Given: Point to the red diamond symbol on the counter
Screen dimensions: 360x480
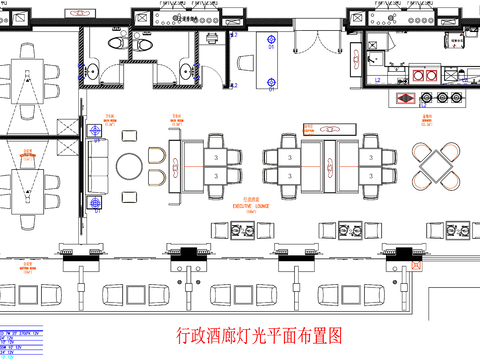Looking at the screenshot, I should (405, 98).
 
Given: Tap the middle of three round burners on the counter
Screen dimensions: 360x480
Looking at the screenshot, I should (441, 97).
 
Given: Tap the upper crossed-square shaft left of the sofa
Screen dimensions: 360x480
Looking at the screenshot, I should (69, 127).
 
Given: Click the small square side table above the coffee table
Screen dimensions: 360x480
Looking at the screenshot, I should (128, 136).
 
